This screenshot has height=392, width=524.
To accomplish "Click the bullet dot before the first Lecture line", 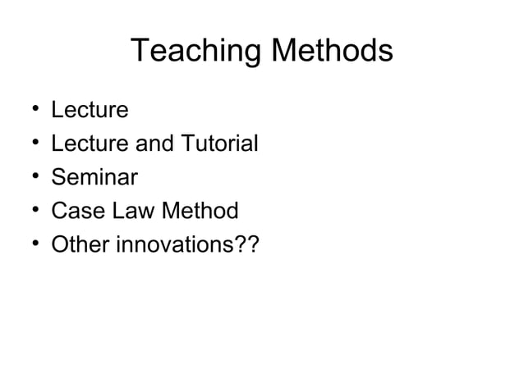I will pos(30,110).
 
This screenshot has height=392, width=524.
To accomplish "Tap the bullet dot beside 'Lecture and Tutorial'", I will pos(30,144).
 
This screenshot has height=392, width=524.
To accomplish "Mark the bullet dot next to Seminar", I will pos(30,178).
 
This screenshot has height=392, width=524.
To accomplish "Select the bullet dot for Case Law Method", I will pos(30,212).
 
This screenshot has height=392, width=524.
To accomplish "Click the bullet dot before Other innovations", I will pos(30,245).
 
